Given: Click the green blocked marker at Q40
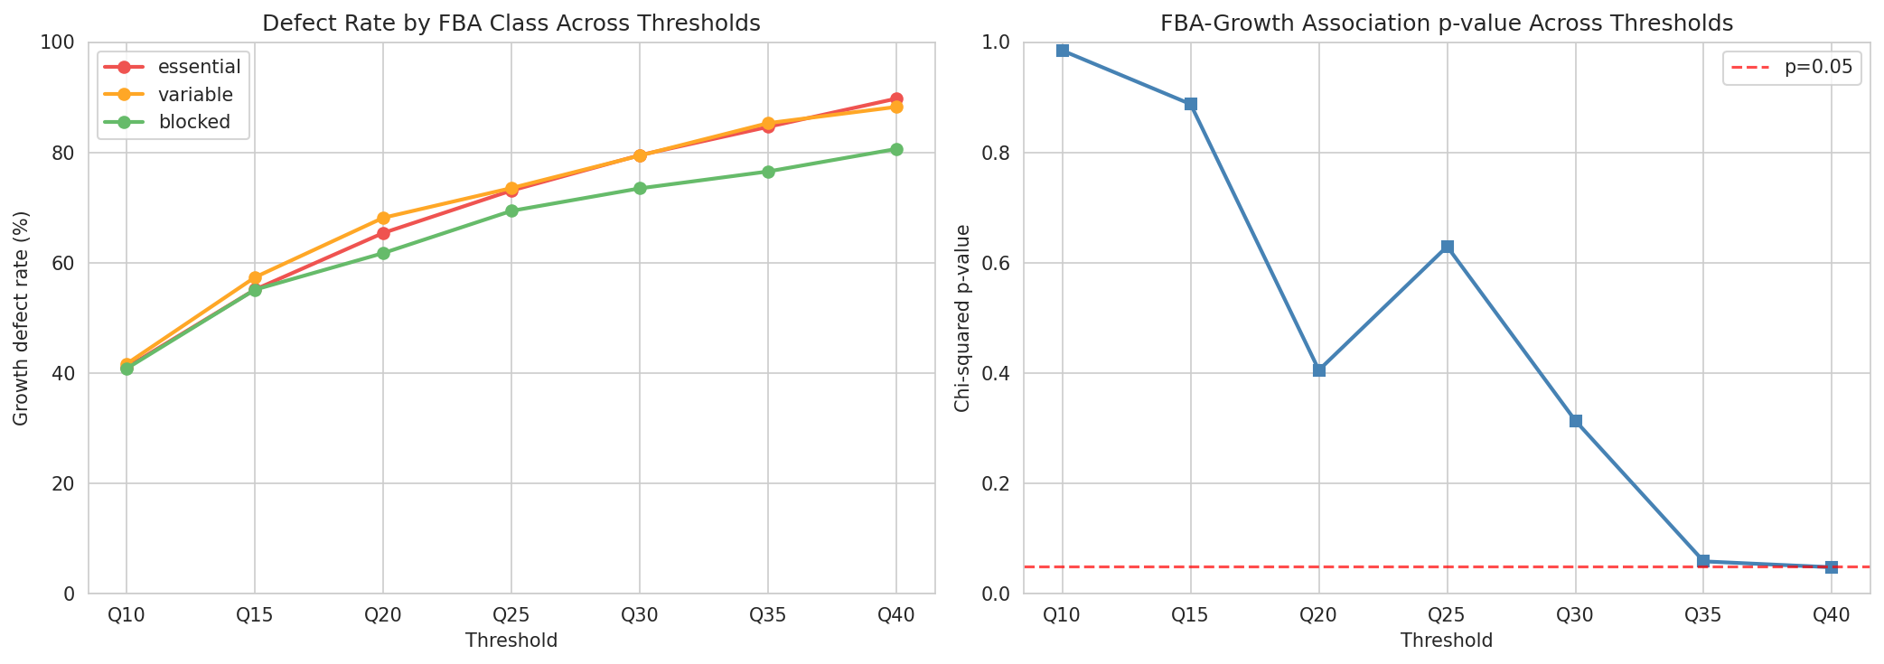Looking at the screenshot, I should [895, 149].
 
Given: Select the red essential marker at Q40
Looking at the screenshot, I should [895, 98].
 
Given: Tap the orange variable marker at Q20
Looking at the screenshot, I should [383, 218].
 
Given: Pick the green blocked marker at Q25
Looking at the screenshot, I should [511, 210].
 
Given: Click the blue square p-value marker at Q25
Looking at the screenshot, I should [1447, 247].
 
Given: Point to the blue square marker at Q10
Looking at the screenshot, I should [1063, 51].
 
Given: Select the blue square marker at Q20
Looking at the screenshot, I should [1318, 370].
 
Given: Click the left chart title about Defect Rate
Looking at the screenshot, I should [511, 23].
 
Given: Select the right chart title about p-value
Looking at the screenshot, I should [1447, 23].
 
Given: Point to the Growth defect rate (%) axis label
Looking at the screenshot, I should [22, 318].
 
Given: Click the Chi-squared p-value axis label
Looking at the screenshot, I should [962, 318].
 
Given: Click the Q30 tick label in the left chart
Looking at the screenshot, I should [639, 616].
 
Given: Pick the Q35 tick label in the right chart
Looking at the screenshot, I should [1703, 616].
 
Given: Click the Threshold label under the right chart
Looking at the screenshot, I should [1447, 641].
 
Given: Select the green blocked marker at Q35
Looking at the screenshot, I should [767, 172].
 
